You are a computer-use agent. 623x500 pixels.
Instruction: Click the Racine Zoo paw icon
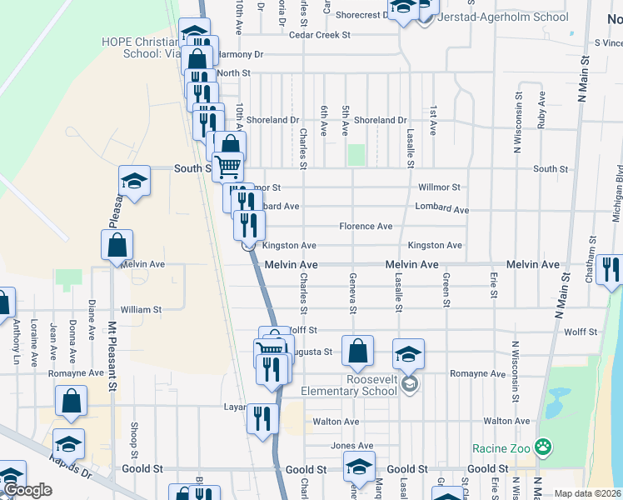[x=543, y=448]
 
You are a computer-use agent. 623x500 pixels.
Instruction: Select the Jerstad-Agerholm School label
[x=503, y=17]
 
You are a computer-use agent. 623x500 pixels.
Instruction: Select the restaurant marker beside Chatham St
[x=611, y=269]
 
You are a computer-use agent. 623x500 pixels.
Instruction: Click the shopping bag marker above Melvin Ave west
[x=117, y=245]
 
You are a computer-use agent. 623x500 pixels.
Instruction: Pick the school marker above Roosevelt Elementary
[x=408, y=352]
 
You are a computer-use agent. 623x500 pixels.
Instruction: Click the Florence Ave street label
[x=365, y=226]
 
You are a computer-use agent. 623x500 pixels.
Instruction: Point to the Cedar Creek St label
[x=319, y=35]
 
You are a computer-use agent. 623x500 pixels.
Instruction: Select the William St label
[x=141, y=309]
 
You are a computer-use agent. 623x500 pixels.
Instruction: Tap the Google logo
[x=27, y=490]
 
